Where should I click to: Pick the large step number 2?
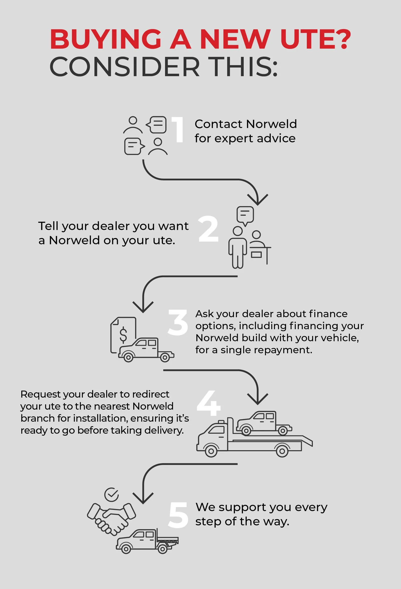(208, 229)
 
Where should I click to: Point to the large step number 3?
(178, 323)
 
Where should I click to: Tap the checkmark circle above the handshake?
(111, 495)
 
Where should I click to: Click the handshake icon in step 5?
(111, 517)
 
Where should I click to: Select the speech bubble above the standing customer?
(245, 215)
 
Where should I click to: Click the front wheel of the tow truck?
(211, 451)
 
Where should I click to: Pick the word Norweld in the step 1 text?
(271, 124)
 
